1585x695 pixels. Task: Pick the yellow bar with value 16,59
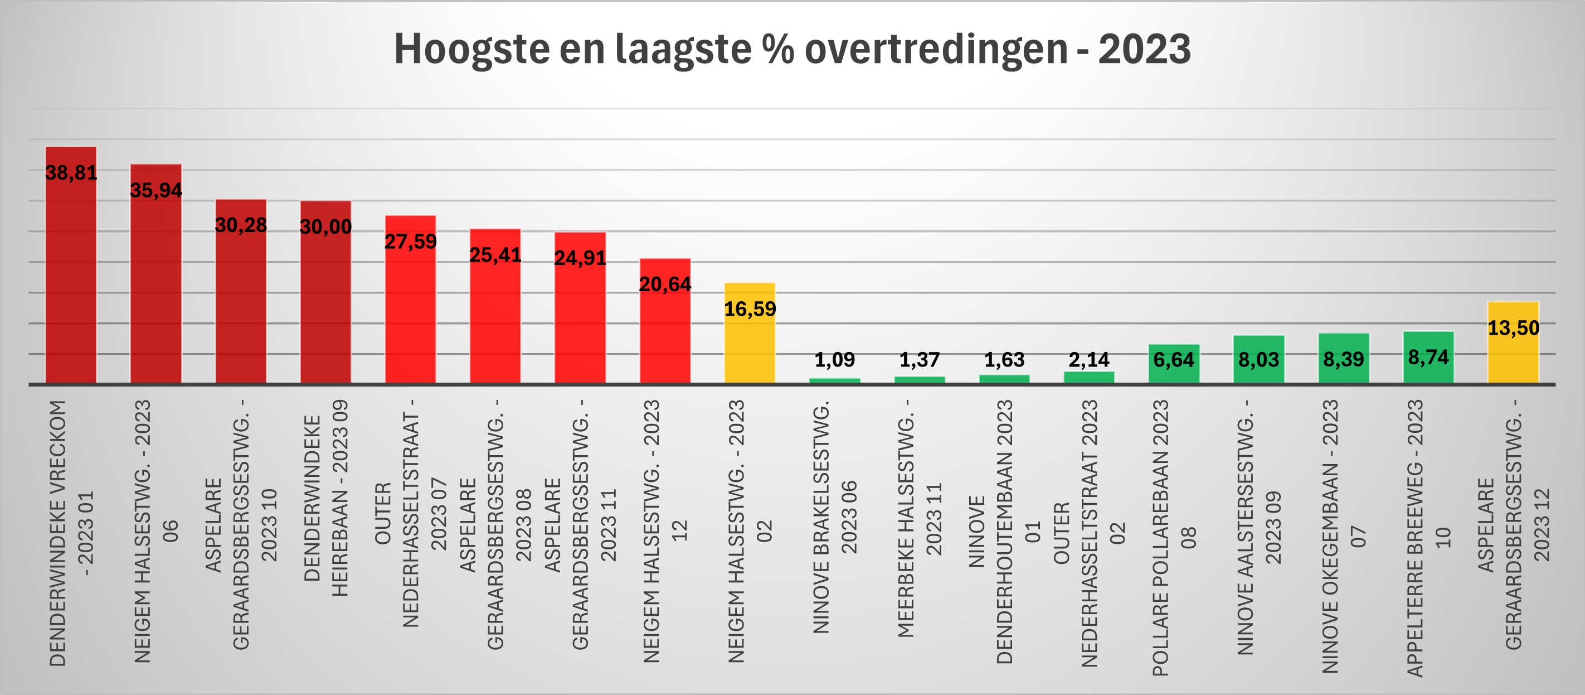[750, 345]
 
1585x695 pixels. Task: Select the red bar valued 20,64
[665, 332]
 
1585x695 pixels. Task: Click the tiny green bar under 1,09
[834, 380]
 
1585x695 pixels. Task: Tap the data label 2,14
[1088, 360]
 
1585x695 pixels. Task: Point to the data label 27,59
[410, 242]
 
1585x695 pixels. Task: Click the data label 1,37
[919, 360]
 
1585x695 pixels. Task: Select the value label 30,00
[325, 226]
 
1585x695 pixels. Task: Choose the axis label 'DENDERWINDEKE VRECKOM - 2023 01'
[71, 533]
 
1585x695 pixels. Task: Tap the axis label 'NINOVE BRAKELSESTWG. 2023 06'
[834, 517]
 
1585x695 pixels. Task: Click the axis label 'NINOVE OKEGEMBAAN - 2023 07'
[1343, 536]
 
